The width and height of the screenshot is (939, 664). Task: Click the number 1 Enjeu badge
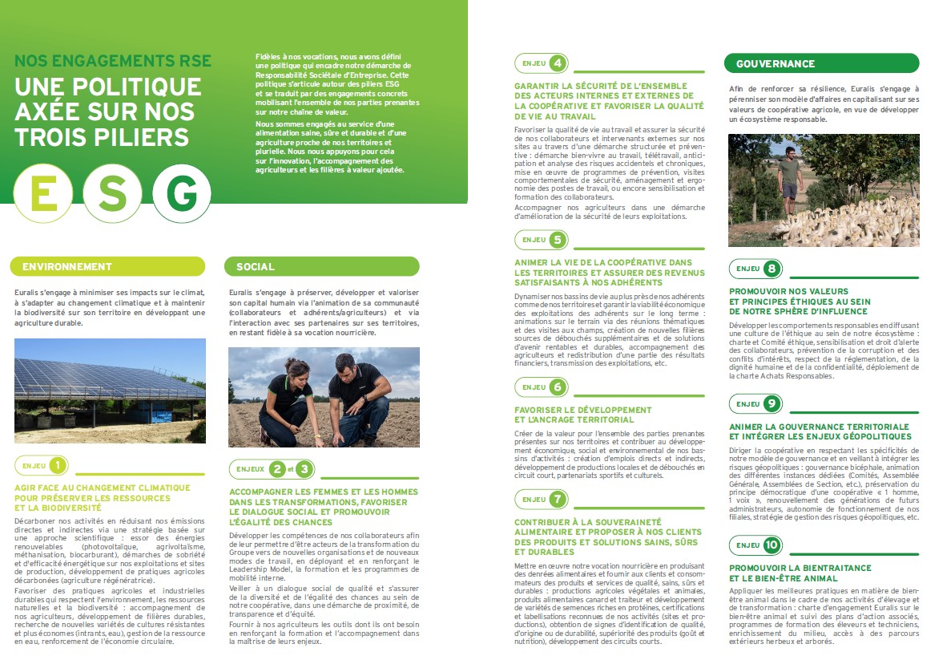(58, 464)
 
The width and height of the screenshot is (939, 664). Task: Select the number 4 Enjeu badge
(556, 63)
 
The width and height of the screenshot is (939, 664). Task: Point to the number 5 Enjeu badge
(556, 239)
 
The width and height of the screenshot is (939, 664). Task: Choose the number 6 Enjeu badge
(556, 387)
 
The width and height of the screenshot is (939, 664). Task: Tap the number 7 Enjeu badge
(556, 499)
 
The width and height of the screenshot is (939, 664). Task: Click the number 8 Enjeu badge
(771, 269)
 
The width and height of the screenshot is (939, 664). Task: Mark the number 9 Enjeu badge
(771, 403)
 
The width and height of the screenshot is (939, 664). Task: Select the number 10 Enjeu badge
(771, 545)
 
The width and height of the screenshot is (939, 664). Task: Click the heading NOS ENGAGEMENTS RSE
(113, 61)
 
